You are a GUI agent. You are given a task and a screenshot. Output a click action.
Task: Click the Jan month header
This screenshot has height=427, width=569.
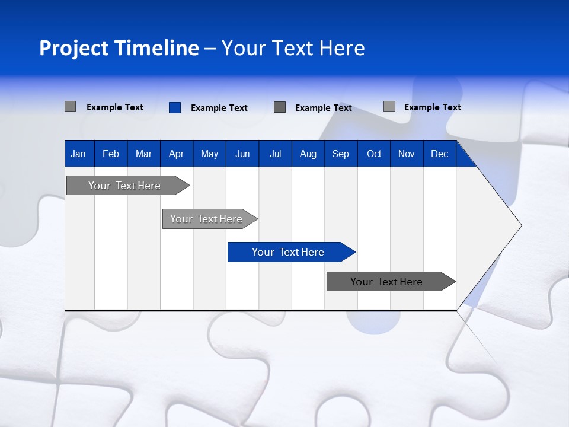(78, 154)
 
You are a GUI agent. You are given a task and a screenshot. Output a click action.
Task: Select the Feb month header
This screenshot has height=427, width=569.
(111, 154)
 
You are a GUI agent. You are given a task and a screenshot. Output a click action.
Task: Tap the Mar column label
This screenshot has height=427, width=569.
(143, 154)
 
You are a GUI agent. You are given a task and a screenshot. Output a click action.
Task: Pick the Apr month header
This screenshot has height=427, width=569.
(176, 154)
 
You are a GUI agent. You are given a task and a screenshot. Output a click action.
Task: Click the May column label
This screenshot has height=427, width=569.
(209, 154)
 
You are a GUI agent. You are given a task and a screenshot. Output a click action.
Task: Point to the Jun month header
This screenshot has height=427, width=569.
(242, 154)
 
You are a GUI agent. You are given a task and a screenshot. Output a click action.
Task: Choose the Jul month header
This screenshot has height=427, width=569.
(275, 154)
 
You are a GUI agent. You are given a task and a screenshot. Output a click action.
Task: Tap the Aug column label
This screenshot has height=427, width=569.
(308, 154)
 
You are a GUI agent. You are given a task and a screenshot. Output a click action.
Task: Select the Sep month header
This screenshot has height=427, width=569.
(340, 154)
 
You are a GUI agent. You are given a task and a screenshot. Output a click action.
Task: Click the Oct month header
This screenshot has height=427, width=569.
(374, 154)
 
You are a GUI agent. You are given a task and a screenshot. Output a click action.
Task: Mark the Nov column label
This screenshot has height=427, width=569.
(407, 154)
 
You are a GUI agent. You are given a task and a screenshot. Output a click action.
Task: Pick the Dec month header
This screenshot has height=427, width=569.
(439, 154)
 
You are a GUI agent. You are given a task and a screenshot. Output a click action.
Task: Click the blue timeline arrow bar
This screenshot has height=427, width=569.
(288, 252)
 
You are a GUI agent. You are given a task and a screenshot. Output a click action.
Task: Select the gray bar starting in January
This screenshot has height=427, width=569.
(124, 186)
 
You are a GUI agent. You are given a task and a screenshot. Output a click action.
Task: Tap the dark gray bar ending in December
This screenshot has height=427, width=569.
(386, 282)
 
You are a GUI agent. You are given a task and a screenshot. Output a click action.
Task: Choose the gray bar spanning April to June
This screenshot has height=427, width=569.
(206, 219)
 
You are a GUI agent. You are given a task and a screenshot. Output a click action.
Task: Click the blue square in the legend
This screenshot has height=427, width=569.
(175, 107)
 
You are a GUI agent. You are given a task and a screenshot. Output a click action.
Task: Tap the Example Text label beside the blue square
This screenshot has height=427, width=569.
(219, 108)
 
